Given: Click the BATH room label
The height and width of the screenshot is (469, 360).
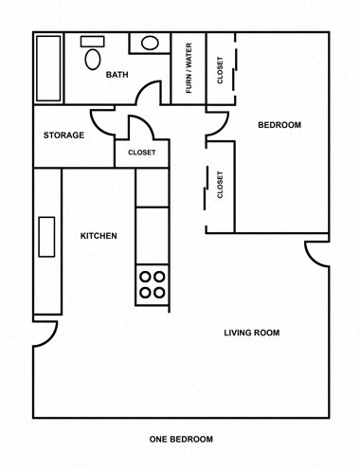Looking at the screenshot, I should pyautogui.click(x=117, y=75).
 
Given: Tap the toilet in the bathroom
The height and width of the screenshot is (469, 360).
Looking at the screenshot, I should pyautogui.click(x=92, y=57).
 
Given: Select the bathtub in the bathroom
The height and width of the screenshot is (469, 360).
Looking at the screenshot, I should pyautogui.click(x=48, y=68).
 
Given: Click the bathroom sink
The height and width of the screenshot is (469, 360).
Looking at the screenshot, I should pyautogui.click(x=150, y=43).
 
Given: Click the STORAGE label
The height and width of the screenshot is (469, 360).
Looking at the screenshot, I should pyautogui.click(x=64, y=135).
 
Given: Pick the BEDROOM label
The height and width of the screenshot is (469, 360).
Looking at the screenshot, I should pyautogui.click(x=279, y=125).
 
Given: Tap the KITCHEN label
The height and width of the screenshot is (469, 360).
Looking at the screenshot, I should pyautogui.click(x=99, y=236).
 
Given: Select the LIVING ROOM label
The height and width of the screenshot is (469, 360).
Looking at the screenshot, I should pyautogui.click(x=251, y=332).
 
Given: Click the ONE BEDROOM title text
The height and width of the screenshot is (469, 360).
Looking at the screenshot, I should pyautogui.click(x=181, y=439).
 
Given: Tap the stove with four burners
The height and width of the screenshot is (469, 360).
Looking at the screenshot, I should pyautogui.click(x=153, y=284).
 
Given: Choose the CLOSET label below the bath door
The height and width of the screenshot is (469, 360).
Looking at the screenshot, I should pyautogui.click(x=141, y=152).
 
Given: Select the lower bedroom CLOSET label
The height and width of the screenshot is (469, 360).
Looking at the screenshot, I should pyautogui.click(x=220, y=186).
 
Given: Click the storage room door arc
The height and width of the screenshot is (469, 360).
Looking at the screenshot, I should pyautogui.click(x=101, y=121).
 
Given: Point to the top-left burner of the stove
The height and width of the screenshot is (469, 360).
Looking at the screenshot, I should pyautogui.click(x=146, y=277).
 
